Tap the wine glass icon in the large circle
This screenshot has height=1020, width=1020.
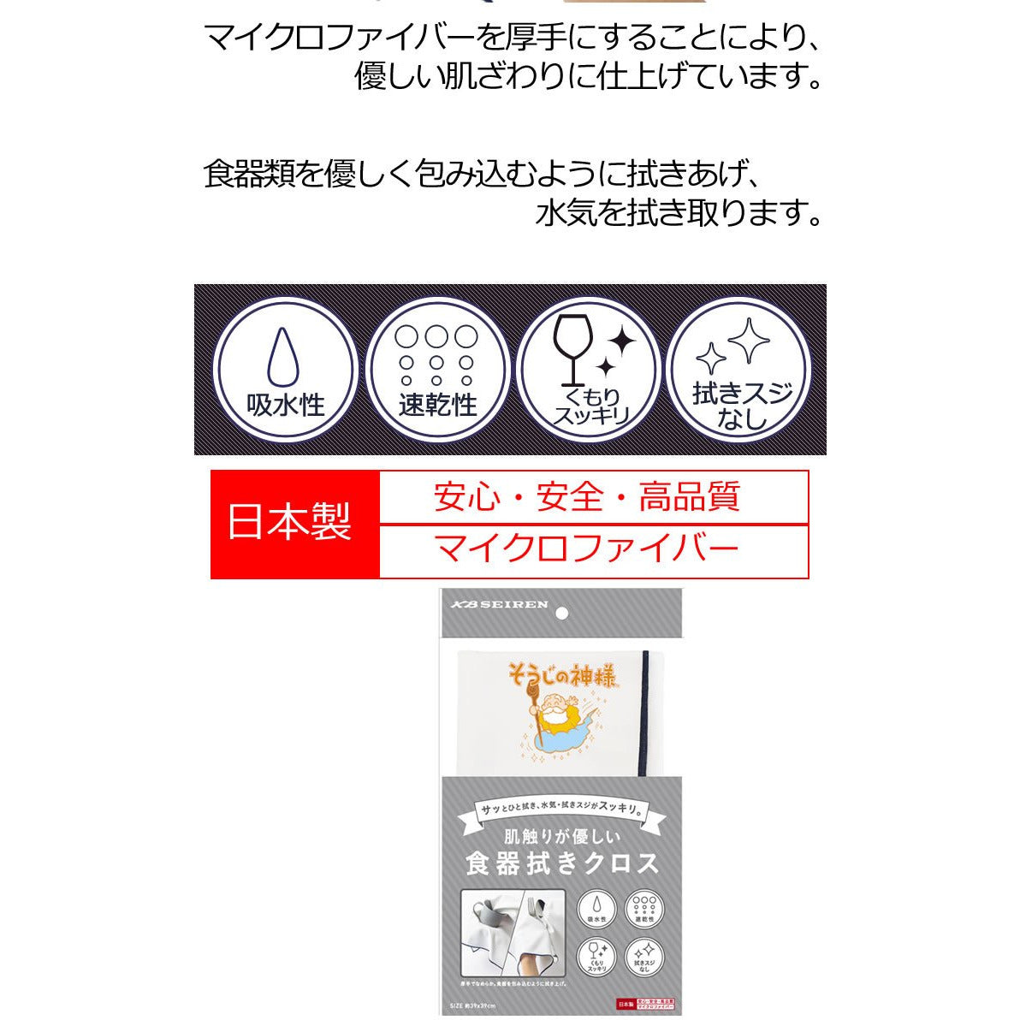pyautogui.click(x=569, y=347)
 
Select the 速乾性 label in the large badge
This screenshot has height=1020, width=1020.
pyautogui.click(x=437, y=405)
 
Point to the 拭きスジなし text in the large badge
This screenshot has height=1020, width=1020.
pyautogui.click(x=741, y=406)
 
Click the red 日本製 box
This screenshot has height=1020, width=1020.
pyautogui.click(x=290, y=523)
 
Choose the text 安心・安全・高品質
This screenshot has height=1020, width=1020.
pyautogui.click(x=587, y=496)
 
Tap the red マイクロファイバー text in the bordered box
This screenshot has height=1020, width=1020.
pyautogui.click(x=587, y=549)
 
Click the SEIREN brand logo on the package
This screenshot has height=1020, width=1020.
pyautogui.click(x=500, y=604)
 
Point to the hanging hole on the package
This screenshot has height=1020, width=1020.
pyautogui.click(x=561, y=614)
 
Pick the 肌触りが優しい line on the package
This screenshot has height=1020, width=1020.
pyautogui.click(x=561, y=835)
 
